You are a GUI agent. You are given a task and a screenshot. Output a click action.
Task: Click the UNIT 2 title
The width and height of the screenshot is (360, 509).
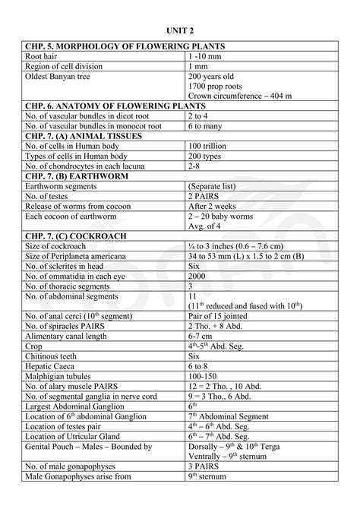click(x=180, y=28)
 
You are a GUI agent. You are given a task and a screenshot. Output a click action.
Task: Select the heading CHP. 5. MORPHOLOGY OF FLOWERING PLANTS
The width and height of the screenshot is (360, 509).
click(x=125, y=47)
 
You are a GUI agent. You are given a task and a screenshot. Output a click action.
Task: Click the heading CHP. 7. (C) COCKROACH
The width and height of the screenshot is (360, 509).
click(x=76, y=236)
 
